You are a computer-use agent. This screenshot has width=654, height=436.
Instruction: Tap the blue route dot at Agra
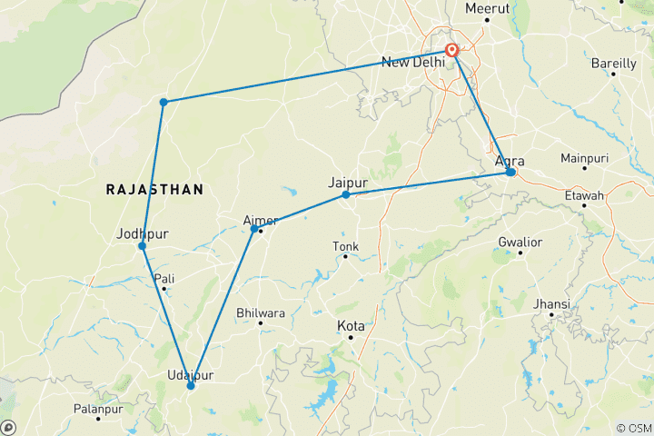511,172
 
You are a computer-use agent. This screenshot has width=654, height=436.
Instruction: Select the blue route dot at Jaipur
346,194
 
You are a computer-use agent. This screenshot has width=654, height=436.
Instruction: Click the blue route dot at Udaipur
191,386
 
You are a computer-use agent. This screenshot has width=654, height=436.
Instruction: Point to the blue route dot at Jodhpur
143,246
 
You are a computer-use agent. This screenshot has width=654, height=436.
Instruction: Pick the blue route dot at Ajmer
254,228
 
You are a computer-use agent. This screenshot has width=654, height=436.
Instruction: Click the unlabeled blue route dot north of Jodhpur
163,102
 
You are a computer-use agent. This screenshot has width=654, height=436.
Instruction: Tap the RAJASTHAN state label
154,189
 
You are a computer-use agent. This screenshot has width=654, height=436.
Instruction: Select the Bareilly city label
613,63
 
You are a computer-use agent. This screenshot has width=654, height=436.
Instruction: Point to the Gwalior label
520,242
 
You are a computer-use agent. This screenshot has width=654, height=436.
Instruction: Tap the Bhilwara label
261,312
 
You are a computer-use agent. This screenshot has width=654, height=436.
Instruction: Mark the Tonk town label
346,245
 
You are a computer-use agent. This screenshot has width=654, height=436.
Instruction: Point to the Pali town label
164,278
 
